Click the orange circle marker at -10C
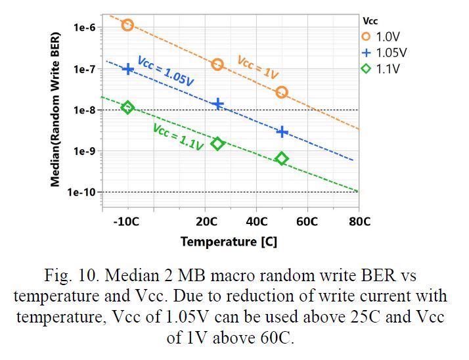[x=127, y=25]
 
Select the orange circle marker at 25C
[x=217, y=64]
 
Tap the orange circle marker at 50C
[x=282, y=93]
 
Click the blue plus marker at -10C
[x=128, y=69]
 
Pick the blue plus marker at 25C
[x=217, y=104]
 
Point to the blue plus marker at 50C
[x=282, y=131]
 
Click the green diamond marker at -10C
[x=127, y=108]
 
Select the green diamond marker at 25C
[x=217, y=143]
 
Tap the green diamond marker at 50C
[x=282, y=158]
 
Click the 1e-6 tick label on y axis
[x=85, y=28]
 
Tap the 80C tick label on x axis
[x=359, y=221]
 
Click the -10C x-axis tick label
[x=126, y=221]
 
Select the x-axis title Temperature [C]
[x=229, y=242]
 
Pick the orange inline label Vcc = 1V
[x=257, y=68]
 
